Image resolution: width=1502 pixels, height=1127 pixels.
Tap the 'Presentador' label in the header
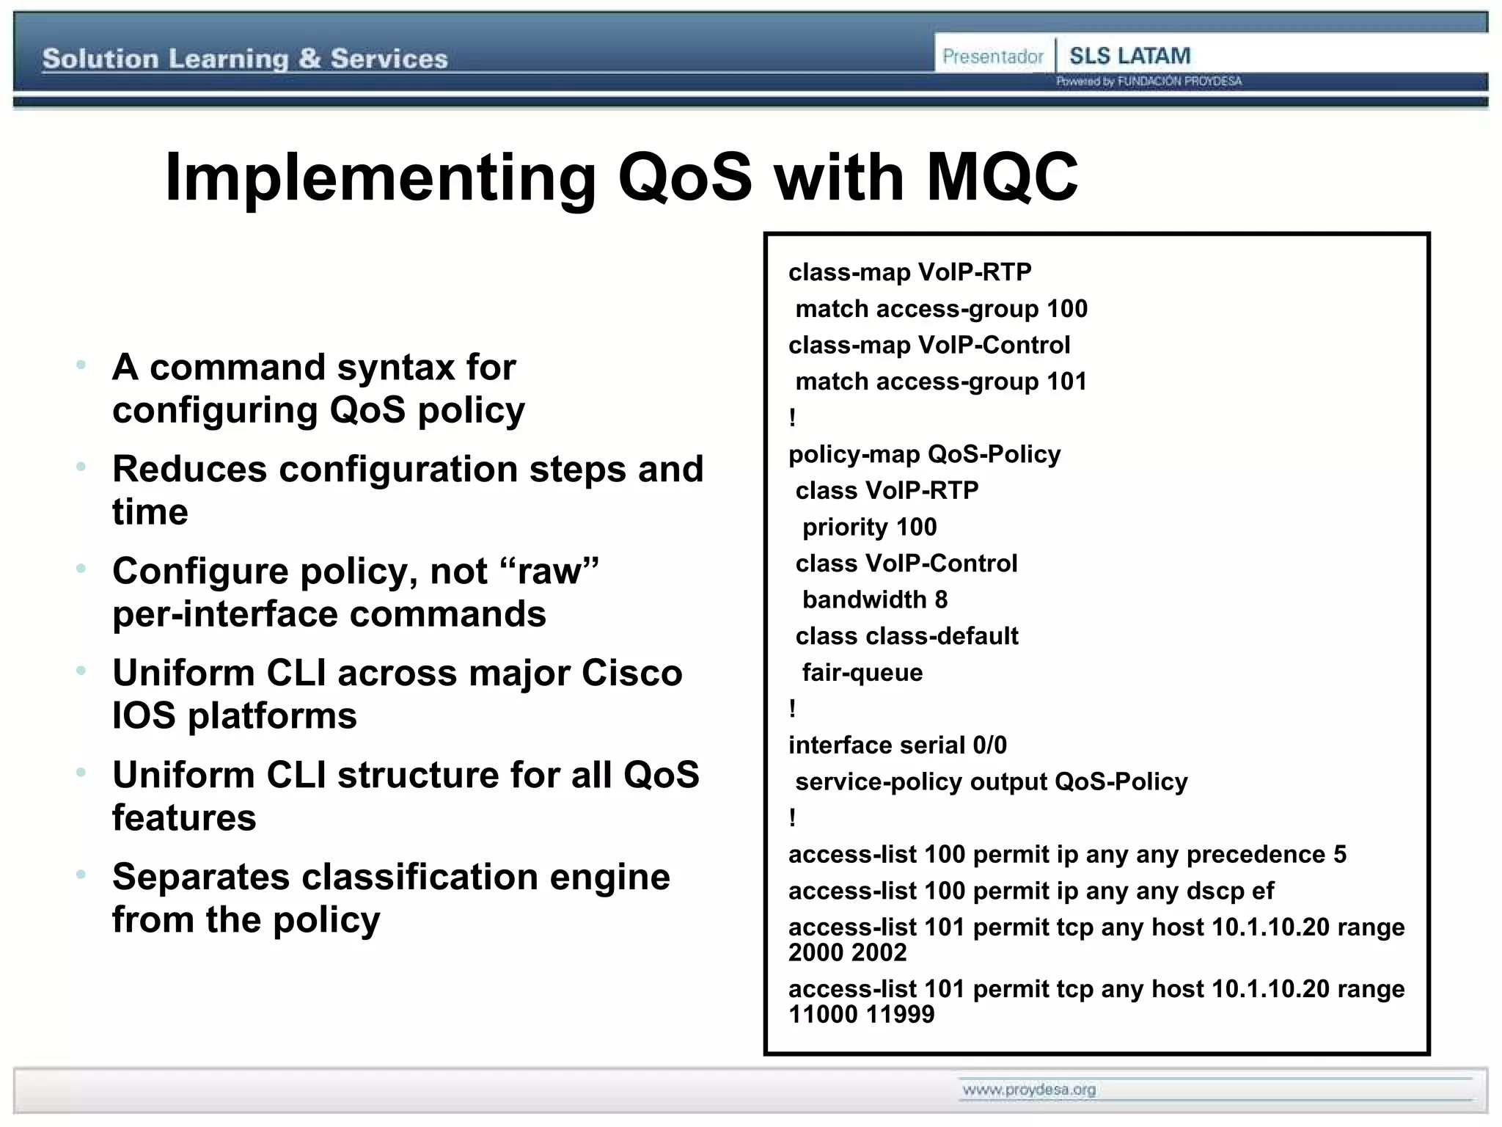coord(992,56)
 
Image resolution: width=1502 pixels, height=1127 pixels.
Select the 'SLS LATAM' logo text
coord(1129,56)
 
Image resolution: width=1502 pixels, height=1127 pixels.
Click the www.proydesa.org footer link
coord(1029,1090)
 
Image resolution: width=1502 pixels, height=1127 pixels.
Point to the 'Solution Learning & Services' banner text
coord(245,59)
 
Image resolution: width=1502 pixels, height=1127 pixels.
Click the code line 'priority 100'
coord(869,527)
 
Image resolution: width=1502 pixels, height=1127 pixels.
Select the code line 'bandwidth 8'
coord(874,599)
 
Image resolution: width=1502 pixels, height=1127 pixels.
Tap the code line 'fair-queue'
coord(862,672)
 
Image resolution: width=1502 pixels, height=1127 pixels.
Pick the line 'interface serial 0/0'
coord(898,745)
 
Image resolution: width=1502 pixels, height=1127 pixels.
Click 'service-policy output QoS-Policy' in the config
coord(991,781)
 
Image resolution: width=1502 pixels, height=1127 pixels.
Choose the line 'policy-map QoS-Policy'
coord(924,454)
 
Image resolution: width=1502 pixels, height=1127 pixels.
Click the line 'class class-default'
coord(906,636)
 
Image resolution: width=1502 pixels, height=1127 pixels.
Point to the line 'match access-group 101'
coord(941,382)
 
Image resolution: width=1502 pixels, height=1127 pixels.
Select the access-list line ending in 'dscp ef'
coord(1030,891)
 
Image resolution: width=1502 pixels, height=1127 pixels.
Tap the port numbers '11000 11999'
coord(861,1014)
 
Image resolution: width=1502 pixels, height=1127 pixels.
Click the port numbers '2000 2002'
coord(847,952)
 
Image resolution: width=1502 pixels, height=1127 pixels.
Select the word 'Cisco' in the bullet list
coord(631,673)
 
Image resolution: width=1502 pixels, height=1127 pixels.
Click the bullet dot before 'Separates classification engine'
coord(81,875)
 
